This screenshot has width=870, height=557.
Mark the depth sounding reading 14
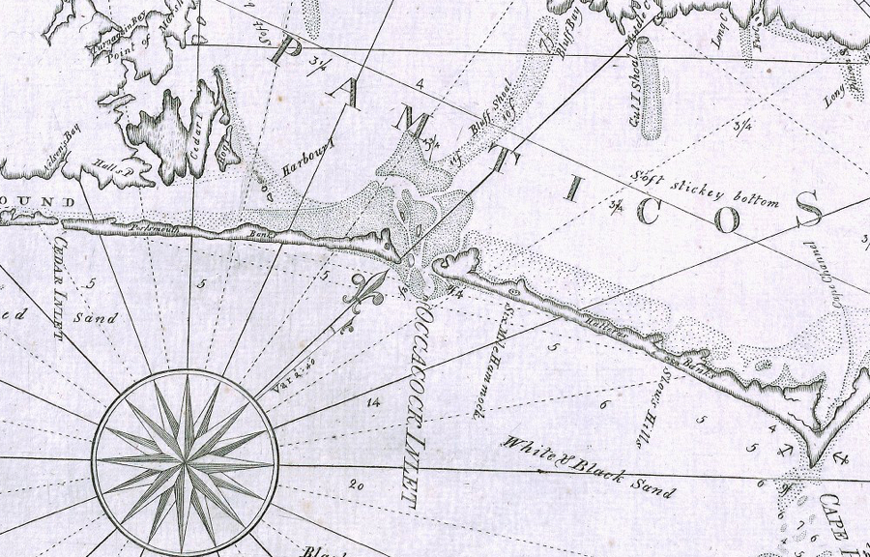coord(372,399)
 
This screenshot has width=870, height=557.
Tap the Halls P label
coord(113,171)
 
